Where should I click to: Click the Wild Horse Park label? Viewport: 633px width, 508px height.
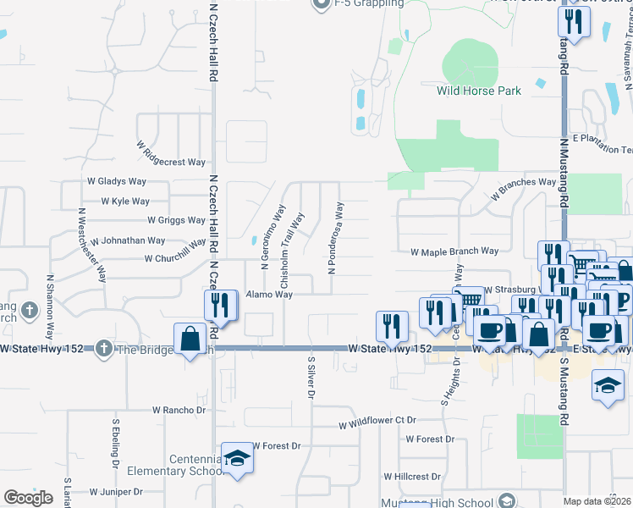[478, 91]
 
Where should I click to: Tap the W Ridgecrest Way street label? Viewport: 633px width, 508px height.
[171, 153]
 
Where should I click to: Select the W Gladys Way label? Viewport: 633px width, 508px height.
[117, 181]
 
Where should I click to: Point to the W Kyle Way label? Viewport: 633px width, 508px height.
[124, 202]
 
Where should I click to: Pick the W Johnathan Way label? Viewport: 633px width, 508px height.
[128, 240]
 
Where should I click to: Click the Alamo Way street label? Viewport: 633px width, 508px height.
[269, 295]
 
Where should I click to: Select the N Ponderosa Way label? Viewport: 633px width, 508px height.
[336, 237]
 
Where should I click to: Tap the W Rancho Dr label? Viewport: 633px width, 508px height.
[179, 410]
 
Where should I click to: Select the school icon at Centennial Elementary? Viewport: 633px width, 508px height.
[238, 458]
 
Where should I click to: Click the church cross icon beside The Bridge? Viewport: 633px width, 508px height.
[103, 348]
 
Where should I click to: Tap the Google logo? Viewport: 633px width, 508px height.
[28, 498]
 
